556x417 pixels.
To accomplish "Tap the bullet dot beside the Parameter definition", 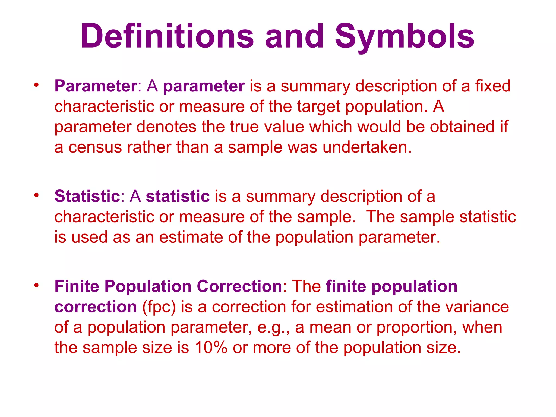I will [36, 85].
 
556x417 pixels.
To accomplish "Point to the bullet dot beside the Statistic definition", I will [36, 195].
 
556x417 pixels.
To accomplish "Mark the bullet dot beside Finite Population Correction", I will [36, 285].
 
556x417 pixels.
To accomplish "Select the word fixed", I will [492, 86].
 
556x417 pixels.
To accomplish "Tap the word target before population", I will [318, 106].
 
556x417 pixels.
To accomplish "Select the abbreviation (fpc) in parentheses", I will [159, 307].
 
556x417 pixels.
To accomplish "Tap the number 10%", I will [211, 347].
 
